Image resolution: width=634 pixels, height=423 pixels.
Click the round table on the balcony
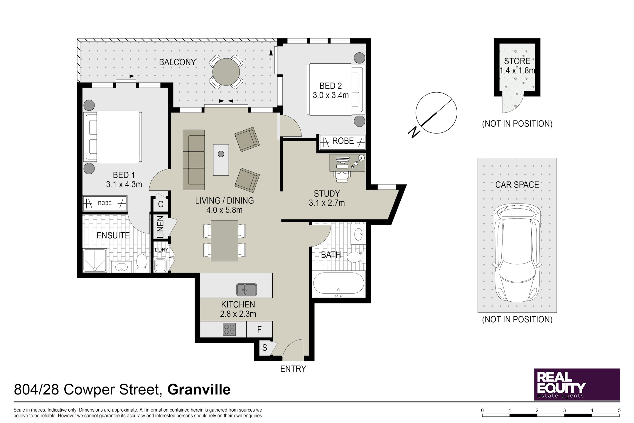pyautogui.click(x=226, y=72)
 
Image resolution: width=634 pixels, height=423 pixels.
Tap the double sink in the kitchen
pyautogui.click(x=247, y=290)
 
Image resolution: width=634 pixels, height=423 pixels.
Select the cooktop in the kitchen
pyautogui.click(x=229, y=329)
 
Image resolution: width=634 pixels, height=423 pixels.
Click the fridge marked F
pyautogui.click(x=259, y=329)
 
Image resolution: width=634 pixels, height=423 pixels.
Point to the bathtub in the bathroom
pyautogui.click(x=339, y=284)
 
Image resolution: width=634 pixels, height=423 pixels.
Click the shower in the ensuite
pyautogui.click(x=95, y=261)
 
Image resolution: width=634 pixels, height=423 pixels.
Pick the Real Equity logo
pyautogui.click(x=577, y=384)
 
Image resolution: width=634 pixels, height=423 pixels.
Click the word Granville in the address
pyautogui.click(x=199, y=390)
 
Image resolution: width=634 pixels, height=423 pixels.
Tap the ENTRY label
pyautogui.click(x=293, y=369)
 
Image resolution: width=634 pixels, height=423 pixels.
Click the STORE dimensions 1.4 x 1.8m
pyautogui.click(x=517, y=70)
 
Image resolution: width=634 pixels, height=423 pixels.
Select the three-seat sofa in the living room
pyautogui.click(x=194, y=160)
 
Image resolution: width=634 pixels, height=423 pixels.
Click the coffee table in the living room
pyautogui.click(x=221, y=160)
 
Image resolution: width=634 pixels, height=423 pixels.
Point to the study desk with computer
pyautogui.click(x=348, y=162)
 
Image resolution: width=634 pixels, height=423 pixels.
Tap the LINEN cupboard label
pyautogui.click(x=160, y=227)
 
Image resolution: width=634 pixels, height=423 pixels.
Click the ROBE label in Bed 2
pyautogui.click(x=343, y=141)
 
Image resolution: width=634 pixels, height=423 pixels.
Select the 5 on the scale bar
pyautogui.click(x=619, y=410)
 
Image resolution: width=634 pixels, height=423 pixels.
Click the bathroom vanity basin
pyautogui.click(x=358, y=234)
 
